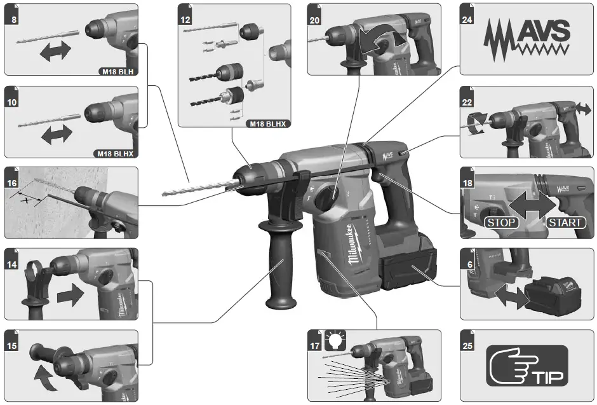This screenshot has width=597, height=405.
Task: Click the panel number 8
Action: coord(13,19)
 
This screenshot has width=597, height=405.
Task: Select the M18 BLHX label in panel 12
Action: coord(267,123)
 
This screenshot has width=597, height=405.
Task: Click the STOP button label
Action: coord(502,222)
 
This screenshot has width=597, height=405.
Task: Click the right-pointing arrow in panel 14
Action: coord(69,294)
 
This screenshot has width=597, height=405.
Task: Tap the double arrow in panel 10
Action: coord(55,134)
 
